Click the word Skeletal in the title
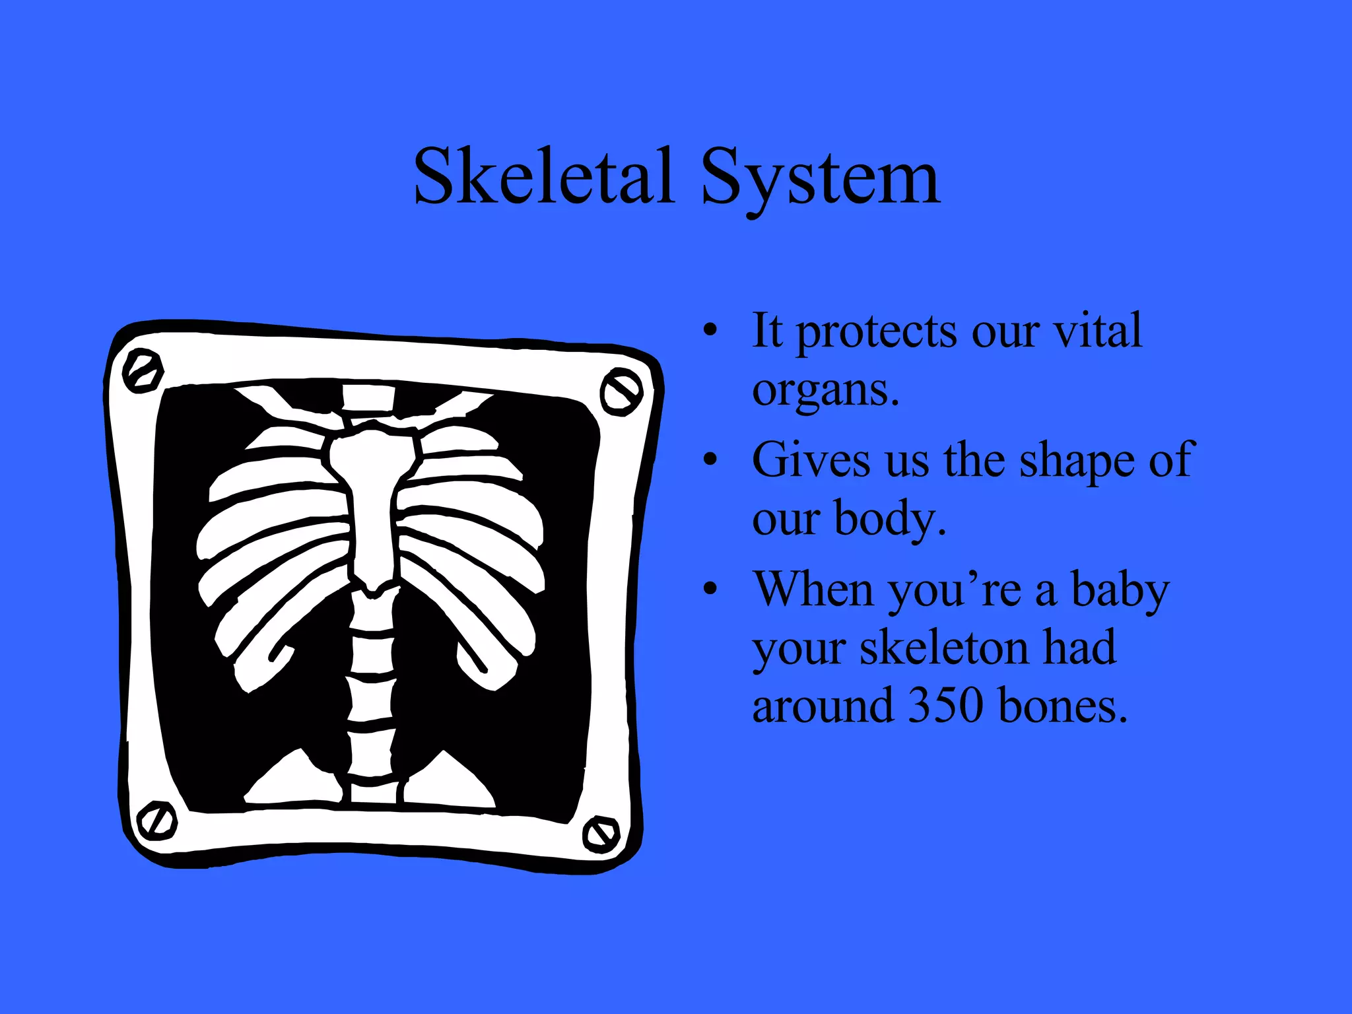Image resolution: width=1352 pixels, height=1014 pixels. pos(544,177)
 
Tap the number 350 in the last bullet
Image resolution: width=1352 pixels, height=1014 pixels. pos(945,705)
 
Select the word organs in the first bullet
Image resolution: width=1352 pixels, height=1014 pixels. pos(825,391)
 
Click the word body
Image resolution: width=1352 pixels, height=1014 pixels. pos(889,519)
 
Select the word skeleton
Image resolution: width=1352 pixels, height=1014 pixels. pos(944,648)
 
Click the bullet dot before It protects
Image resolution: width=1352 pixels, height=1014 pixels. pos(710,330)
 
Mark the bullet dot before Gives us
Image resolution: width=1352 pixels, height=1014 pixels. pos(710,459)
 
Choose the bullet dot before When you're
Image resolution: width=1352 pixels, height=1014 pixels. pos(710,589)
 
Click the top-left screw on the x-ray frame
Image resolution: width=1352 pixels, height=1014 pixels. pos(143,371)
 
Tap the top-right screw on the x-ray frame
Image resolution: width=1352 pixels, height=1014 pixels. pos(621,392)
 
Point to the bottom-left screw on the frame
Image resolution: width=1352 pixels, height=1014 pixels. pos(157,821)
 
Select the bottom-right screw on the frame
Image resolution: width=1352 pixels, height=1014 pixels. pos(601,834)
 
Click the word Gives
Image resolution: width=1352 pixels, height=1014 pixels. pos(811,460)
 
